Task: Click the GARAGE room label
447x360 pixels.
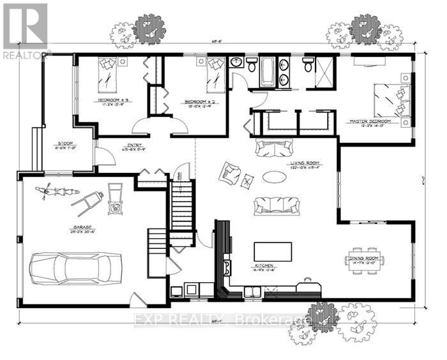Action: [x=83, y=228]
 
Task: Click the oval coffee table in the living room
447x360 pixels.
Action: [x=277, y=177]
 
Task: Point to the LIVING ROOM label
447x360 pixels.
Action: [x=305, y=163]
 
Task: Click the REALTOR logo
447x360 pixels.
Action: [x=24, y=31]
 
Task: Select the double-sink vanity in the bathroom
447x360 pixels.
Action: [x=284, y=70]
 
